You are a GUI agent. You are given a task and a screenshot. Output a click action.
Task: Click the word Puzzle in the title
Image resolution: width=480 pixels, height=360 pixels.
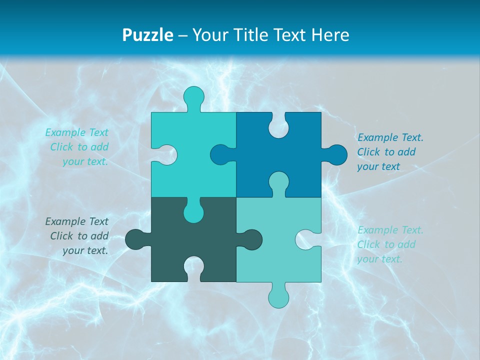[148, 35]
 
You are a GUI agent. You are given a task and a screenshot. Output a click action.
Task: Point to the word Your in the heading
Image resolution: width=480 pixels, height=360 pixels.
[209, 35]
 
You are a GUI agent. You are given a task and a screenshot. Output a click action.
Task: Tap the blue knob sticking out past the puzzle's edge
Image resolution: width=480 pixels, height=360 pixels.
[335, 155]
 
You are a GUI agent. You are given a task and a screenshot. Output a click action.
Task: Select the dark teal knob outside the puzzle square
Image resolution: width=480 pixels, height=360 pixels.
[136, 239]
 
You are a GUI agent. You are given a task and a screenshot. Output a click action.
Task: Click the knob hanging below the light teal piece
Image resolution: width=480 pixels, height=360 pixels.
[278, 296]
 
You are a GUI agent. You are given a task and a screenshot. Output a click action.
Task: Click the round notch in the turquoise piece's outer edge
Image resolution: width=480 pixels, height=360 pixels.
[166, 155]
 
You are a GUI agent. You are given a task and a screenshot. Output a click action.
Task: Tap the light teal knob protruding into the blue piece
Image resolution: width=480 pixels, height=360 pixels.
[278, 182]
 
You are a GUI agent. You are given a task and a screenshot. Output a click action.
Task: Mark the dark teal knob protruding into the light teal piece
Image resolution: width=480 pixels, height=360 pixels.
[250, 239]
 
